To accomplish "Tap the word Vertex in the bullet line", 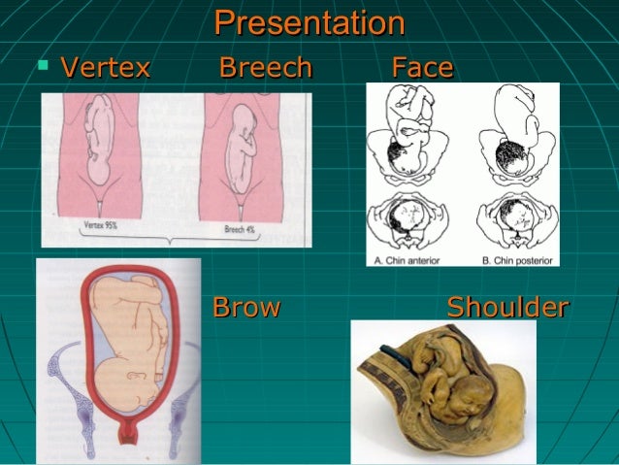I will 105,68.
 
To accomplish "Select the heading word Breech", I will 266,68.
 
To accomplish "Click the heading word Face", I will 422,68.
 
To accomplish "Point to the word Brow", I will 245,308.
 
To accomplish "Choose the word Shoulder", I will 507,308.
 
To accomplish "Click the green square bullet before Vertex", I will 42,66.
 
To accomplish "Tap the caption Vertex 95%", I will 99,225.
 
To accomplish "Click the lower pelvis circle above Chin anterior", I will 413,220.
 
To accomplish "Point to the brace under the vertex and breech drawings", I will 175,239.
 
